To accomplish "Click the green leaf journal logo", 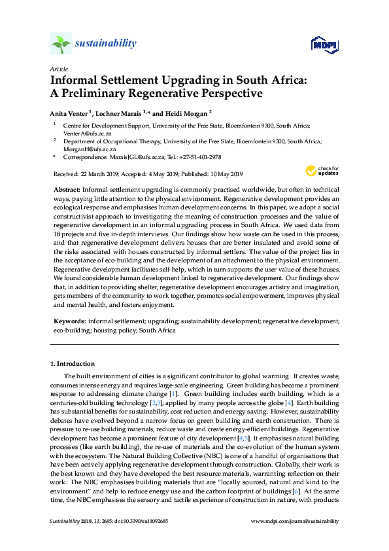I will point(61,44).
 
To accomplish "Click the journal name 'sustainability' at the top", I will point(105,44).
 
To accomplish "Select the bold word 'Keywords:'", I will point(69,321).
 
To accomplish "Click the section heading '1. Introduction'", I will point(72,363).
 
